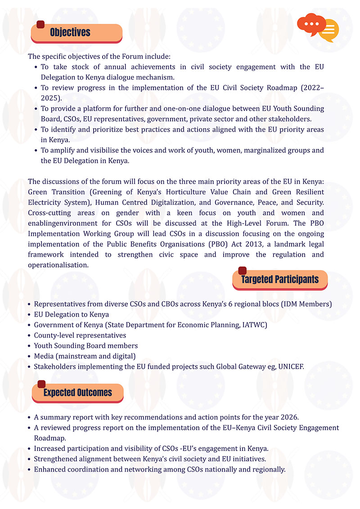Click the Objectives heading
tap(70, 32)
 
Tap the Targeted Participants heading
tap(279, 279)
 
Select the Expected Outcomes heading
tap(77, 393)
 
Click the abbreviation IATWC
tap(253, 325)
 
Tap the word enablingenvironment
tap(62, 223)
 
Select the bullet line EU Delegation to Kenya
tap(72, 314)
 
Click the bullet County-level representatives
tap(80, 335)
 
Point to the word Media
tap(44, 356)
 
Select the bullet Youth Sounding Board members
tap(86, 345)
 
